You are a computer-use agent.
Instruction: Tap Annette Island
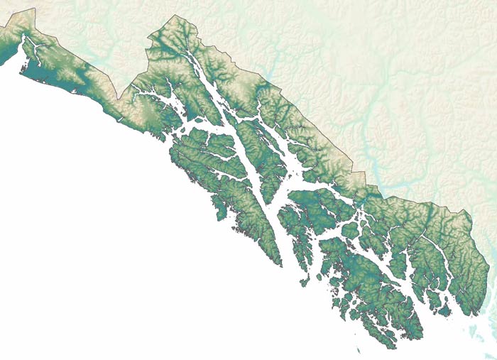pyautogui.click(x=444, y=310)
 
